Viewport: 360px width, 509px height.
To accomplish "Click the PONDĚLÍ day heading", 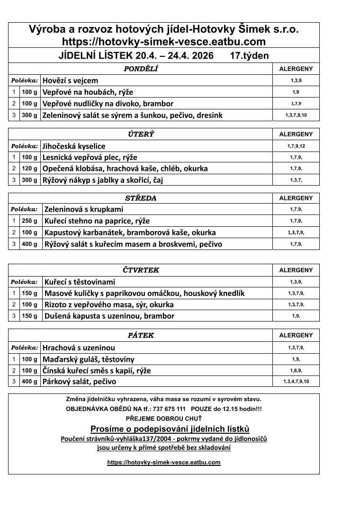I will point(141,69).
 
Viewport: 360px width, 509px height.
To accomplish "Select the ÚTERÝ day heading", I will point(141,134).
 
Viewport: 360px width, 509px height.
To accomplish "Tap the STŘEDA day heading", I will point(141,198).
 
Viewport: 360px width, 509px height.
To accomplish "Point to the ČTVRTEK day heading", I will point(141,270).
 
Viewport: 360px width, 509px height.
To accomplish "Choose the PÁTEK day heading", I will point(141,335).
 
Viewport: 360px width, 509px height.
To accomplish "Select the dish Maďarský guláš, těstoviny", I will point(89,359).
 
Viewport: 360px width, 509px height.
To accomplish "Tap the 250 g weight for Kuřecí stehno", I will point(29,221).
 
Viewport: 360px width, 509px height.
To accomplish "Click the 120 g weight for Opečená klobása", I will point(29,169).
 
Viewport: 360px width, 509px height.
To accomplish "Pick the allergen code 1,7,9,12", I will point(296,146).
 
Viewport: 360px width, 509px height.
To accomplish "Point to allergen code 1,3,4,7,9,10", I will point(296,382).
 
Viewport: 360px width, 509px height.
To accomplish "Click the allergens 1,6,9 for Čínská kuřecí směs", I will point(296,371).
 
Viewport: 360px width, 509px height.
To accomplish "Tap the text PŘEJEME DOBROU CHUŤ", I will point(163,419).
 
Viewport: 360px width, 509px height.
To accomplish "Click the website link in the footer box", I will point(164,462).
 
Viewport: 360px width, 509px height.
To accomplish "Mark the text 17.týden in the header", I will point(249,56).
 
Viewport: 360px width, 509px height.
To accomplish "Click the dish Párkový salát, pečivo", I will point(79,382).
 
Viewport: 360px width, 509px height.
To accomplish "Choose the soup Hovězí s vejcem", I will point(70,80).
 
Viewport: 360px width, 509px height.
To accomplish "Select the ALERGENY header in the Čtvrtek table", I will point(296,270).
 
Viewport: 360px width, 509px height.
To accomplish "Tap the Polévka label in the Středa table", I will point(25,209).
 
